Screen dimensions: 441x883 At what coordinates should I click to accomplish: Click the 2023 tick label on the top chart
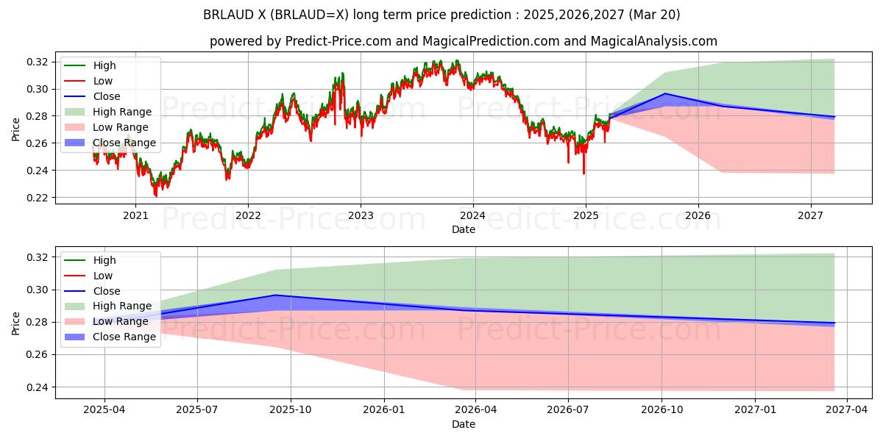tap(360, 215)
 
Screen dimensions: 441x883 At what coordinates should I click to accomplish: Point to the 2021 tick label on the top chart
tap(135, 215)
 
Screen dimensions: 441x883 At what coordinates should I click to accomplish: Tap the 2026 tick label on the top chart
tap(698, 215)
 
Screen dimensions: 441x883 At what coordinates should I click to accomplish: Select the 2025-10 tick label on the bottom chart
tap(291, 410)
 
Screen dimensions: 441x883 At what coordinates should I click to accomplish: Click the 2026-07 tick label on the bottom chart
tap(570, 410)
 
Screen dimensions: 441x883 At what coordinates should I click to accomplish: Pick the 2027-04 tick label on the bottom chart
tap(848, 410)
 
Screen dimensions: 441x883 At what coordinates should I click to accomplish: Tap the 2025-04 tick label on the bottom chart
tap(104, 410)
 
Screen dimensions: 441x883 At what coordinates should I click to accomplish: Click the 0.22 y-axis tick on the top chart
tap(38, 198)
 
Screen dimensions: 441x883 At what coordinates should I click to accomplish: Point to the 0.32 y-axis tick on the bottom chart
tap(38, 257)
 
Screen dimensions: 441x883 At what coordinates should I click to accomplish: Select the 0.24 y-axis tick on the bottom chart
tap(38, 387)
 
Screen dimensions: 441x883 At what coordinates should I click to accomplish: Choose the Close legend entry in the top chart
tap(107, 96)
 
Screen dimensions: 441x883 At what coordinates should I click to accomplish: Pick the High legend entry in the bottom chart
tap(104, 260)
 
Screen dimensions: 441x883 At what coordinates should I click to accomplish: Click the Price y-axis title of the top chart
tap(16, 129)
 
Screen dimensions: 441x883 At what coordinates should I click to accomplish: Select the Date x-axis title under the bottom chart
tap(464, 424)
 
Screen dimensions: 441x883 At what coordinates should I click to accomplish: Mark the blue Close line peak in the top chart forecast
tap(665, 93)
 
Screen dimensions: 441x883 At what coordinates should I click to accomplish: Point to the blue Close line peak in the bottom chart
tap(274, 295)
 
